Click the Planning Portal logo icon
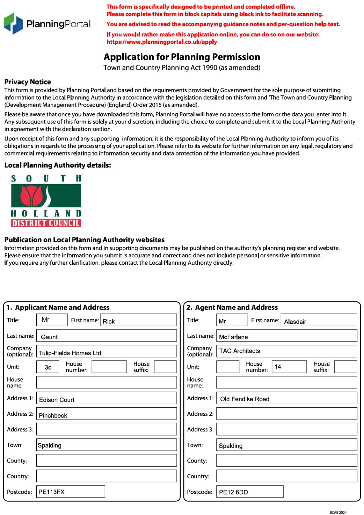tap(13, 23)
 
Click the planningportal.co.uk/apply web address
tap(162, 42)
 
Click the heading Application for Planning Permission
tap(182, 57)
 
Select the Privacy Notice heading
tap(28, 82)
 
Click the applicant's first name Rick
tap(109, 321)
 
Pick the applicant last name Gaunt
tap(49, 337)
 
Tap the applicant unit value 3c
tap(48, 367)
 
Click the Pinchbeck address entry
tap(53, 416)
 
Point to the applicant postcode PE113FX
tap(52, 492)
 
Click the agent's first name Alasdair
tap(295, 322)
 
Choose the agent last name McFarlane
tap(233, 337)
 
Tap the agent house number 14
tap(278, 367)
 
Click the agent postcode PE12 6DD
tap(233, 492)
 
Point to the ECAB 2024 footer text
tap(338, 512)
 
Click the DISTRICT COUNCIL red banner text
tap(46, 223)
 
